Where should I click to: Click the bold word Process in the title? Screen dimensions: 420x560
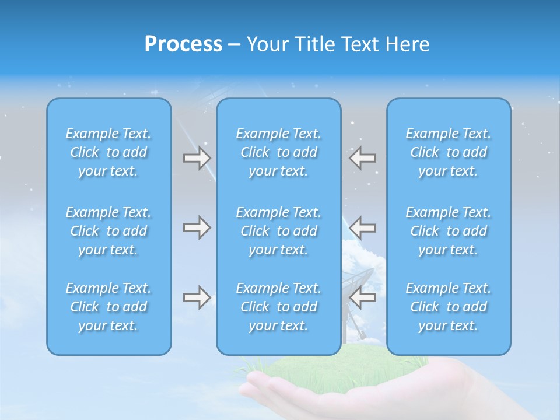pyautogui.click(x=183, y=44)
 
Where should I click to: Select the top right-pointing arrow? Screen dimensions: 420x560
pyautogui.click(x=197, y=158)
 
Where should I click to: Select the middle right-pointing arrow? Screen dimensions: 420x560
pyautogui.click(x=197, y=228)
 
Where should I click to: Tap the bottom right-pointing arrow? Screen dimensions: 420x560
pyautogui.click(x=197, y=298)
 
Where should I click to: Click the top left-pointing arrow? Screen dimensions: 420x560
pyautogui.click(x=362, y=158)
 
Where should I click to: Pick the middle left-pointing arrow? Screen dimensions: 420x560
pyautogui.click(x=362, y=228)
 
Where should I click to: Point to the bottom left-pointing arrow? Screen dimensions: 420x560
pyautogui.click(x=362, y=298)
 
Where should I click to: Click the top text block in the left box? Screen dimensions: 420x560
pyautogui.click(x=108, y=152)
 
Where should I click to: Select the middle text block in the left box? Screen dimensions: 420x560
pyautogui.click(x=108, y=231)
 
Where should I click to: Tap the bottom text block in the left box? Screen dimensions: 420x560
pyautogui.click(x=108, y=307)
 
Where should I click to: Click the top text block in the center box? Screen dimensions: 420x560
pyautogui.click(x=279, y=152)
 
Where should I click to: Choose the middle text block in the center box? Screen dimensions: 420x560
pyautogui.click(x=279, y=231)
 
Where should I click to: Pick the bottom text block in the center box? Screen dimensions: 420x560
pyautogui.click(x=279, y=307)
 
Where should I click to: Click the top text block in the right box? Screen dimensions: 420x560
pyautogui.click(x=449, y=152)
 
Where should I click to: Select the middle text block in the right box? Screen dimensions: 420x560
pyautogui.click(x=449, y=231)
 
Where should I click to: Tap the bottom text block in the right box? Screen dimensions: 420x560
pyautogui.click(x=449, y=307)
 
